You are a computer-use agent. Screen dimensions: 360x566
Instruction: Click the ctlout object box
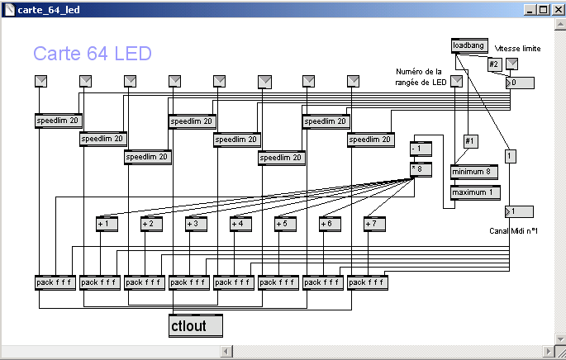[196, 326]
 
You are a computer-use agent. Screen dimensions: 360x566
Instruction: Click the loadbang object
[469, 45]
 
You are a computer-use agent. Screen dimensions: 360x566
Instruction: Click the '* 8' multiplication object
[421, 169]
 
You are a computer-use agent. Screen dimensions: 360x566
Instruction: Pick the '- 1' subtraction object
[421, 149]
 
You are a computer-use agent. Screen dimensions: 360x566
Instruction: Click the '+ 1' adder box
[108, 223]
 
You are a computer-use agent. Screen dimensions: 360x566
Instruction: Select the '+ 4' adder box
[242, 223]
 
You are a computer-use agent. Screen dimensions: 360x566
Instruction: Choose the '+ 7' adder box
[376, 223]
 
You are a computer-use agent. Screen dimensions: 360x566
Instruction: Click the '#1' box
[471, 141]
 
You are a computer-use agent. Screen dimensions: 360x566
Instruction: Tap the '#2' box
[494, 64]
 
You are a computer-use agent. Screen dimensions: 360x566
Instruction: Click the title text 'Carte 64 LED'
[93, 54]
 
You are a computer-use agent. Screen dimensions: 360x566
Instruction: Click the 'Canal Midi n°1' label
[513, 230]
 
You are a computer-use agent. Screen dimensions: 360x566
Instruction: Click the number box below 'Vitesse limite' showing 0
[520, 83]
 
